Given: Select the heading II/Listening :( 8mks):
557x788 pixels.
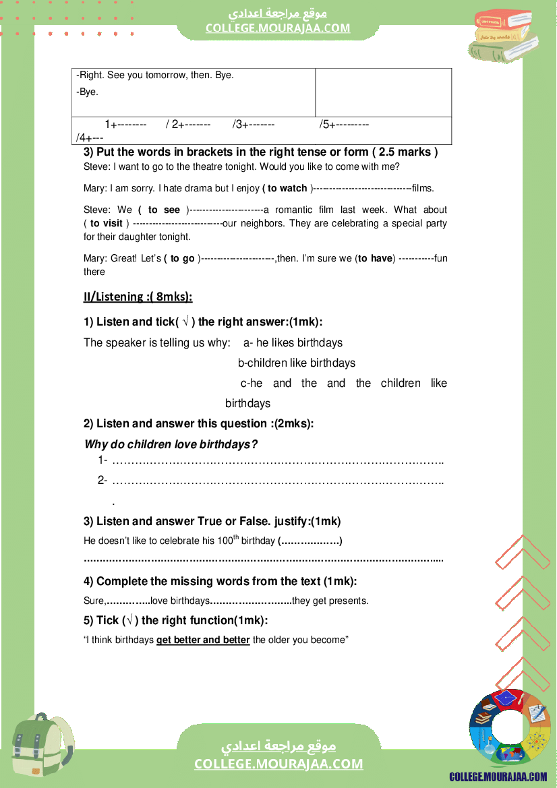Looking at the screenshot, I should [x=138, y=297].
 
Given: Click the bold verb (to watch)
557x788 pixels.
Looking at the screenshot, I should [x=286, y=189].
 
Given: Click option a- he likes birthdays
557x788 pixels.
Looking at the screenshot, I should [x=293, y=342].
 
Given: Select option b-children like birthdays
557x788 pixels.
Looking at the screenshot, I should [x=296, y=363].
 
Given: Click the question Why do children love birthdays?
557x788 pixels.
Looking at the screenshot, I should [x=171, y=444].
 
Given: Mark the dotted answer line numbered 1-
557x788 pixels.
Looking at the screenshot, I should [x=277, y=462].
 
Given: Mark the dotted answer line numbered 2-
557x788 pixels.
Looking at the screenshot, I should [x=277, y=481].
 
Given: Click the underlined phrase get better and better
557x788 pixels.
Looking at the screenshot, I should [x=203, y=640].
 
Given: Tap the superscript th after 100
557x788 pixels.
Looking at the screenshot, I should [x=236, y=538].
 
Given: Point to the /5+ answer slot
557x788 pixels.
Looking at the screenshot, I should [x=344, y=125].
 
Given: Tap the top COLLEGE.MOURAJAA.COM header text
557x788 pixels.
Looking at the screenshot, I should [x=278, y=28].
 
